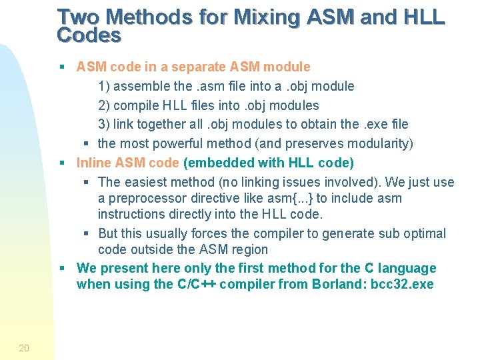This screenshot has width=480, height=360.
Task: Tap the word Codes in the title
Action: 89,35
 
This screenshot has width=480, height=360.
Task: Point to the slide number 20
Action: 24,347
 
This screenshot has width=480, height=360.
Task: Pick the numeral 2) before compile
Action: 105,105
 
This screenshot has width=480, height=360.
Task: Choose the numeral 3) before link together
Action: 105,124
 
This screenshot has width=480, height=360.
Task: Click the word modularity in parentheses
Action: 379,143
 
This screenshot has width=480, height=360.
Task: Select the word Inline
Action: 95,163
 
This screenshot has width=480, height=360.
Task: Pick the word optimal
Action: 425,233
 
